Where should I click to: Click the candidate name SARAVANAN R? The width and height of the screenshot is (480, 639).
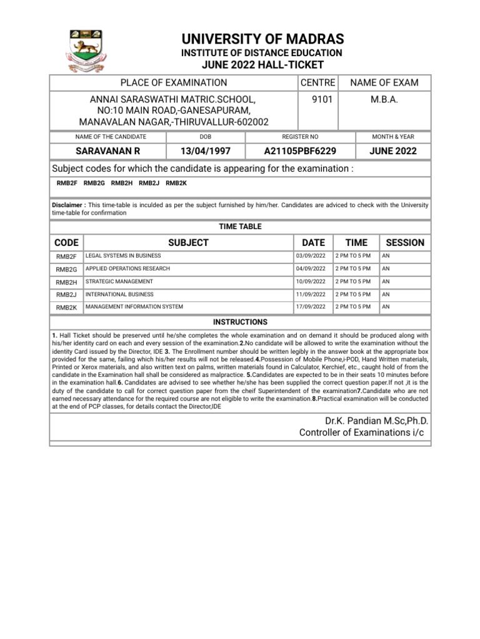pos(107,151)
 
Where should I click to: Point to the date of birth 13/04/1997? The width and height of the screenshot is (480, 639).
pos(206,151)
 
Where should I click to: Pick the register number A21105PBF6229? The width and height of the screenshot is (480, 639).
pos(300,151)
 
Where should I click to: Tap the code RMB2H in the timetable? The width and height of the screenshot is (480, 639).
pos(66,282)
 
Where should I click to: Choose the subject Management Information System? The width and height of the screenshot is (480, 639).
pos(134,306)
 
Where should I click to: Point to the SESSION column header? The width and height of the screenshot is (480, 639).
pos(405,242)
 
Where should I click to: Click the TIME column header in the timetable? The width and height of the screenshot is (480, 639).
pos(356,242)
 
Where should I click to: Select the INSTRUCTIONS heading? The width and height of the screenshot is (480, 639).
pos(240,322)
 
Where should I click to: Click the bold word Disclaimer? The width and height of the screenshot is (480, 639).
pos(68,205)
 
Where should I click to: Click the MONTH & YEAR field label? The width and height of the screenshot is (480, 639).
pos(393,137)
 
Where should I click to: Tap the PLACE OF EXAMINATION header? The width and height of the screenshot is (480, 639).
pos(174,82)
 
